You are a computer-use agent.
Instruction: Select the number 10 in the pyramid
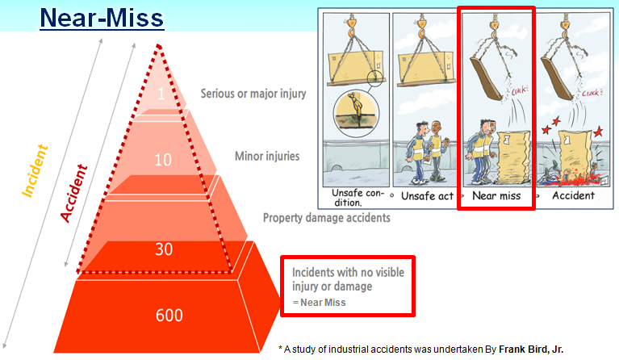coord(164,160)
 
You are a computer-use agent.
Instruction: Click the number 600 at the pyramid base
coord(169,315)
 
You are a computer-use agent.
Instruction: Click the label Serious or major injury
coord(253,94)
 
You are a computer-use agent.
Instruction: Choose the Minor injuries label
coord(266,155)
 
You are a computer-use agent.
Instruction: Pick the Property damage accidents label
coord(327,217)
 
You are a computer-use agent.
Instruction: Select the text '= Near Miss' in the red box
coord(318,303)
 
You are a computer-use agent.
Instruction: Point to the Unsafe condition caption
coord(353,197)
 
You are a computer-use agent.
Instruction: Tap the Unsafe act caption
coord(425,196)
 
